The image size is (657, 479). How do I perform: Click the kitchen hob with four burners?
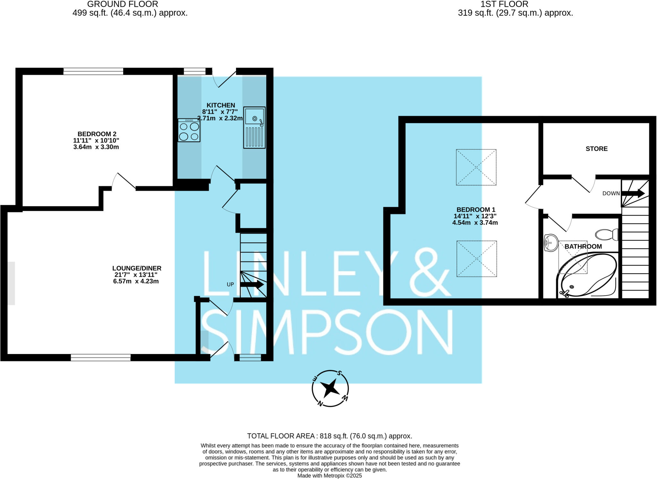point(189,130)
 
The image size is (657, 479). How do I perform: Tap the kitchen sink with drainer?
point(254,128)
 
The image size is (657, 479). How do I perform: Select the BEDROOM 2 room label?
point(97,134)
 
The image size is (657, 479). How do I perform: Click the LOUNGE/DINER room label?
point(137,268)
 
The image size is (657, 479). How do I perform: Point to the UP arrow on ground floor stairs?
point(252,284)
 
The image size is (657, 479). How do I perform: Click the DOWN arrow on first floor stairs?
point(633,193)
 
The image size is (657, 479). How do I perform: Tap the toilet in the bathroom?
point(606,235)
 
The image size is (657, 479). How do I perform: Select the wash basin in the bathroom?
point(551,243)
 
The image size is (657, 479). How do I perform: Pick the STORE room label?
point(596,149)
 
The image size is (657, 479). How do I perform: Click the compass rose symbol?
point(330,389)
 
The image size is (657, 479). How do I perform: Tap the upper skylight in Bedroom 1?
point(476,167)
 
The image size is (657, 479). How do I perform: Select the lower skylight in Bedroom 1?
point(477,259)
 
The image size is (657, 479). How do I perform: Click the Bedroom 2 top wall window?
point(93,71)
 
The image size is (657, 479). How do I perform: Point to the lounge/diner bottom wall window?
point(101,357)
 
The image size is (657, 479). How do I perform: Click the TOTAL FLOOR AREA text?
point(329,436)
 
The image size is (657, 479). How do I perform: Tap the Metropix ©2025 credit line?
point(329,476)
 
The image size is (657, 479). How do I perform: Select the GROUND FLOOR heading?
point(123,4)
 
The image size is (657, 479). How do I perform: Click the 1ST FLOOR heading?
point(504,4)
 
